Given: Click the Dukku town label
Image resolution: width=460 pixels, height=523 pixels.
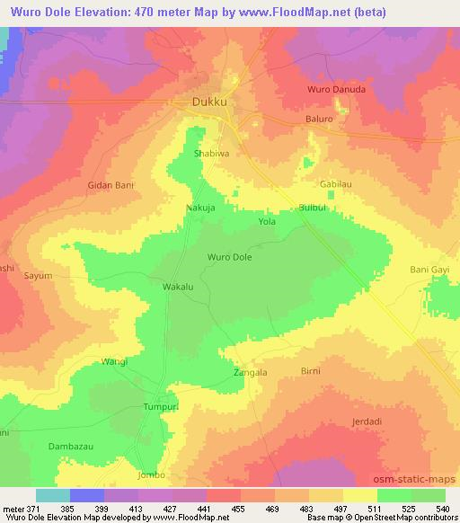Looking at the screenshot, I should coord(213,102).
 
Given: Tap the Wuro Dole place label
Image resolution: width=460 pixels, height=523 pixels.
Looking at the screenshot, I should coord(229,257).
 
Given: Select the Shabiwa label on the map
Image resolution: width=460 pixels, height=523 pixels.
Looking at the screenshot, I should coord(212,154).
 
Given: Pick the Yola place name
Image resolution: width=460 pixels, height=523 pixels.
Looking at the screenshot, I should coord(266,221).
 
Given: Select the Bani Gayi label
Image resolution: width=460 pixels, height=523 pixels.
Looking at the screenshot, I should coord(428,270).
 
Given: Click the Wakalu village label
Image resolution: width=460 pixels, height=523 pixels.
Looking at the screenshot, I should coord(178,287).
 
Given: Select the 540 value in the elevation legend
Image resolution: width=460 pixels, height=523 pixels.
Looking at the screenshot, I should coord(443,508).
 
